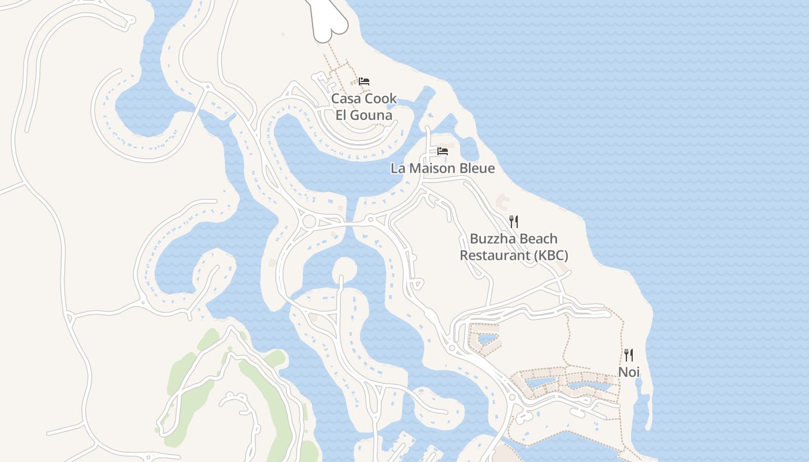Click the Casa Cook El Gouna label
click(364, 107)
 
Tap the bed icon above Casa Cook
click(364, 81)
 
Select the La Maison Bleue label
click(443, 169)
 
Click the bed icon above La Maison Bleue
click(443, 151)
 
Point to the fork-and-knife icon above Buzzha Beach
click(514, 221)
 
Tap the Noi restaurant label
click(629, 372)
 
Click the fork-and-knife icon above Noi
click(629, 355)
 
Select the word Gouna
click(372, 115)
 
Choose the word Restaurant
click(494, 255)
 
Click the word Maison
click(431, 169)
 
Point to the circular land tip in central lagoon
click(344, 269)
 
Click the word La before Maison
click(398, 169)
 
